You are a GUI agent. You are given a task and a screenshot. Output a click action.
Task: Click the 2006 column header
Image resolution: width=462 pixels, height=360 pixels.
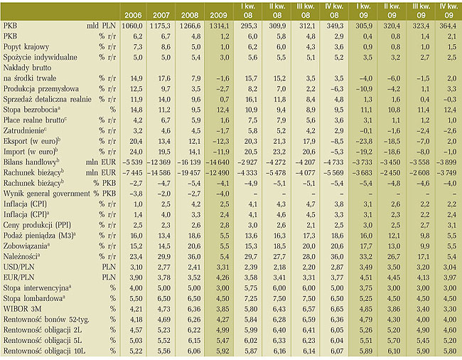(x=133, y=15)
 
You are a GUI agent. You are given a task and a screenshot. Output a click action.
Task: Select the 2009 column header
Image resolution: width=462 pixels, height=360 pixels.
(x=219, y=15)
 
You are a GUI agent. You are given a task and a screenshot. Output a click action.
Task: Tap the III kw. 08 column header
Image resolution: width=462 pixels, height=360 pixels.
(x=306, y=11)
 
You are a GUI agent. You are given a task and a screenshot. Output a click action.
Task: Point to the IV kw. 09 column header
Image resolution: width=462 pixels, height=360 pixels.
(x=448, y=11)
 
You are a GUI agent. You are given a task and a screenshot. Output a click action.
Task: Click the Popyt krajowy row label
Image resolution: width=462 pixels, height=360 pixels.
(x=26, y=47)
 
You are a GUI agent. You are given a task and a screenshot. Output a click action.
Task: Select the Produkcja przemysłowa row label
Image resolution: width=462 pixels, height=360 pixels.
(x=41, y=89)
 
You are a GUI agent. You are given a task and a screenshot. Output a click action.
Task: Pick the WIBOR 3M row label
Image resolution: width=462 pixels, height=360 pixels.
(x=23, y=309)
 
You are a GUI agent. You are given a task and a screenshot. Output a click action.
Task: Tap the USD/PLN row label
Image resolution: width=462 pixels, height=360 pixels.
(x=19, y=267)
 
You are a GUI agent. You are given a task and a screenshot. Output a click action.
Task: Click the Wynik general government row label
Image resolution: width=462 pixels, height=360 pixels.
(x=46, y=194)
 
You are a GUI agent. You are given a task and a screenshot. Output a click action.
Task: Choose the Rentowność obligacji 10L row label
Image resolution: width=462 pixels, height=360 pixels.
(x=44, y=351)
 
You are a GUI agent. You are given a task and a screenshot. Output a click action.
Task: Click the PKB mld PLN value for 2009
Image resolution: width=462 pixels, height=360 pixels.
(x=219, y=26)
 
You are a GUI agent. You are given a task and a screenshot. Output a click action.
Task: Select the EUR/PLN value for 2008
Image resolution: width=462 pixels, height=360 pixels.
(x=194, y=277)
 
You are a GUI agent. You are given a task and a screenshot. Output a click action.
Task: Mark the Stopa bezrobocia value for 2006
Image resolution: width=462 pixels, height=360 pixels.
(x=136, y=110)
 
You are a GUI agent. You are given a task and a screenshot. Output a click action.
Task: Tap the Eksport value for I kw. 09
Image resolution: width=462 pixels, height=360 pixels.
(x=364, y=142)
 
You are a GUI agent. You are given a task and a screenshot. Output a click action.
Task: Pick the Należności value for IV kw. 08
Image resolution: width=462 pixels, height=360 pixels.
(x=337, y=257)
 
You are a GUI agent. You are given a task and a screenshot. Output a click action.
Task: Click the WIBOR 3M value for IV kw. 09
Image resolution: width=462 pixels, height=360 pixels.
(x=450, y=309)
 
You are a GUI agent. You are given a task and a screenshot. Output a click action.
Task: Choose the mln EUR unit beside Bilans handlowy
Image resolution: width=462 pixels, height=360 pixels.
(x=101, y=162)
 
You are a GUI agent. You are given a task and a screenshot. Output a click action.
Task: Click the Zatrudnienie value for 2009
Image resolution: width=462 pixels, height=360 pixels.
(x=222, y=131)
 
